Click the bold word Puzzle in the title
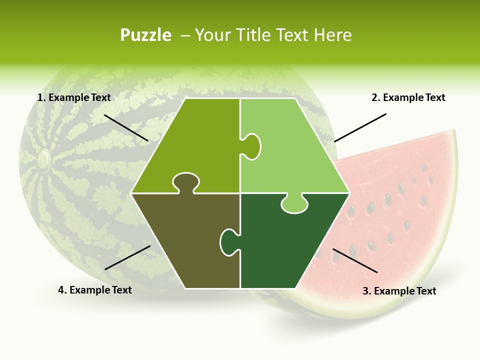[145, 35]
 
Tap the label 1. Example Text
[74, 97]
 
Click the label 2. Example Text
[408, 97]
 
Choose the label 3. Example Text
[399, 291]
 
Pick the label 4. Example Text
[95, 290]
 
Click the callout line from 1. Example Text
[126, 127]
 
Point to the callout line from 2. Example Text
[360, 127]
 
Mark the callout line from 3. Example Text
[355, 260]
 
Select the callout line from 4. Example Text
[127, 257]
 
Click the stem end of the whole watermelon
[43, 159]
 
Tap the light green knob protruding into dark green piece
[294, 204]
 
